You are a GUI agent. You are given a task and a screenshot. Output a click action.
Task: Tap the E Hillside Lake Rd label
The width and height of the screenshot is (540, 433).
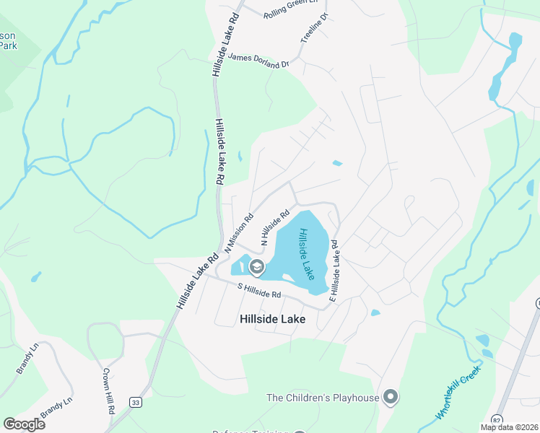pyautogui.click(x=335, y=270)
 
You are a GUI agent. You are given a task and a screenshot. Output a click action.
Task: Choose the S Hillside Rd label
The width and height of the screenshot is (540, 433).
pyautogui.click(x=259, y=290)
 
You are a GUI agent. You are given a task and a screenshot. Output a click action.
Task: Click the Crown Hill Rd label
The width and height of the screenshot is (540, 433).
pyautogui.click(x=110, y=390)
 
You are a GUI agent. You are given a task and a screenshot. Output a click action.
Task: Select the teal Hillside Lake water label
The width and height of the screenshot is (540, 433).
pyautogui.click(x=308, y=254)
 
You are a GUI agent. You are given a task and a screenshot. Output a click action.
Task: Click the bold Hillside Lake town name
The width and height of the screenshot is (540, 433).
pyautogui.click(x=272, y=319)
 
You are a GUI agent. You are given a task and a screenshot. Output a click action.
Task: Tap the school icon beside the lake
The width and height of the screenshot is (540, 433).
pyautogui.click(x=256, y=268)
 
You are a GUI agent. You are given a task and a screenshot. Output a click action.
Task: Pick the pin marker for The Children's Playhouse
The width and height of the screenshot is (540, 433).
pyautogui.click(x=391, y=397)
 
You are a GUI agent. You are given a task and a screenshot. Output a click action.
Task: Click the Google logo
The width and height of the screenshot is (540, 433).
pyautogui.click(x=24, y=424)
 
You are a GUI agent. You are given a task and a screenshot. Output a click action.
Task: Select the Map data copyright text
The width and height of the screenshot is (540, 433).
pyautogui.click(x=510, y=427)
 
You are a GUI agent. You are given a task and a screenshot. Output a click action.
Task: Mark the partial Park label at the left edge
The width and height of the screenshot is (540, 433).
pyautogui.click(x=8, y=45)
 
